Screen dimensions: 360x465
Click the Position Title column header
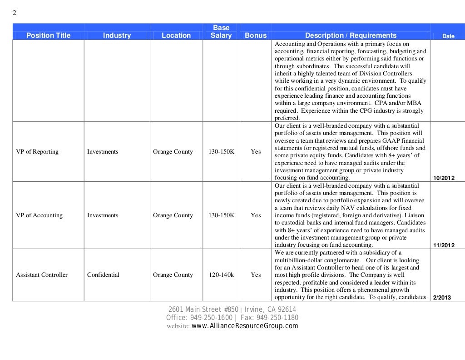click(x=49, y=35)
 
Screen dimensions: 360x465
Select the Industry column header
click(x=117, y=35)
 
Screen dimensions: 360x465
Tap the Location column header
click(x=176, y=35)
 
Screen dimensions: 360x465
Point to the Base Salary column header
click(x=221, y=32)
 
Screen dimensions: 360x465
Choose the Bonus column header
click(x=256, y=35)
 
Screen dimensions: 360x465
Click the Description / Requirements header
click(x=351, y=35)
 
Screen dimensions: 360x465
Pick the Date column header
click(x=448, y=36)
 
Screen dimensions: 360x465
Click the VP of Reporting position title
click(x=37, y=152)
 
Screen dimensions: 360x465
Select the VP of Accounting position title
click(x=39, y=215)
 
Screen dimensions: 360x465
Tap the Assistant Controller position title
click(x=42, y=275)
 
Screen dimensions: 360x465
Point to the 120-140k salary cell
click(x=221, y=275)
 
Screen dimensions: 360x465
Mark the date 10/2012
click(x=444, y=178)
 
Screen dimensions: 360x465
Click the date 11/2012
click(x=444, y=245)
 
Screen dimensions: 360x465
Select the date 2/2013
click(x=442, y=298)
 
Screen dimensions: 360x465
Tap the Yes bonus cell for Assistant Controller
click(x=256, y=275)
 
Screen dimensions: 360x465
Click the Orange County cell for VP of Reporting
click(x=173, y=152)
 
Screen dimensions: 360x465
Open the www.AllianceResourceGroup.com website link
click(x=245, y=326)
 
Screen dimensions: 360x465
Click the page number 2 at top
click(x=14, y=13)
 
